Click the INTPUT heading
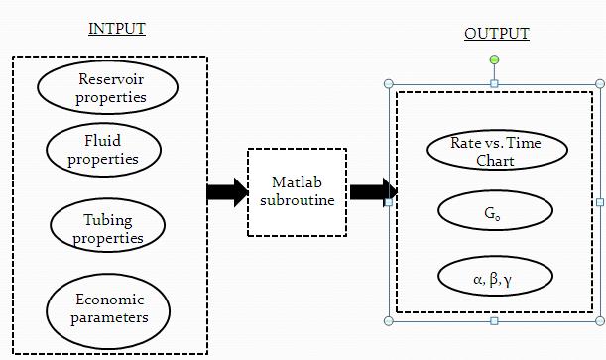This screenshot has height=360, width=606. (x=117, y=28)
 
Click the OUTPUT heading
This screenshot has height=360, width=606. (x=496, y=34)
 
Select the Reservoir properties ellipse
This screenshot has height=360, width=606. (x=107, y=87)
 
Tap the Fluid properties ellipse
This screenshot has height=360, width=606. (x=104, y=149)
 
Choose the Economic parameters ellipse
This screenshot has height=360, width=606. (x=109, y=307)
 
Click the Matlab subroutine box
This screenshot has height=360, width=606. (x=297, y=192)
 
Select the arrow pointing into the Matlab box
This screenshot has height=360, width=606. (x=227, y=192)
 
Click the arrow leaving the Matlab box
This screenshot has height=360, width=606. (x=371, y=192)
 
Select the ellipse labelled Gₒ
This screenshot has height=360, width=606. (x=495, y=210)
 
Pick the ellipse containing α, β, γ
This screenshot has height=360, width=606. (x=494, y=279)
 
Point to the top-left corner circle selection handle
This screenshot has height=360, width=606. (x=388, y=84)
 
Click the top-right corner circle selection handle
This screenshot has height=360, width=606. (x=599, y=84)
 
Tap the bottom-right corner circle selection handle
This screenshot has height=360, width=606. (x=599, y=320)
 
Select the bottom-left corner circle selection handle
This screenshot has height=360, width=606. (x=388, y=320)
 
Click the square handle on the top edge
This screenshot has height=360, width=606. (x=494, y=84)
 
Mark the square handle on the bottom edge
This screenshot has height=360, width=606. (x=494, y=320)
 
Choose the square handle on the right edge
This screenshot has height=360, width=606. (x=599, y=202)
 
